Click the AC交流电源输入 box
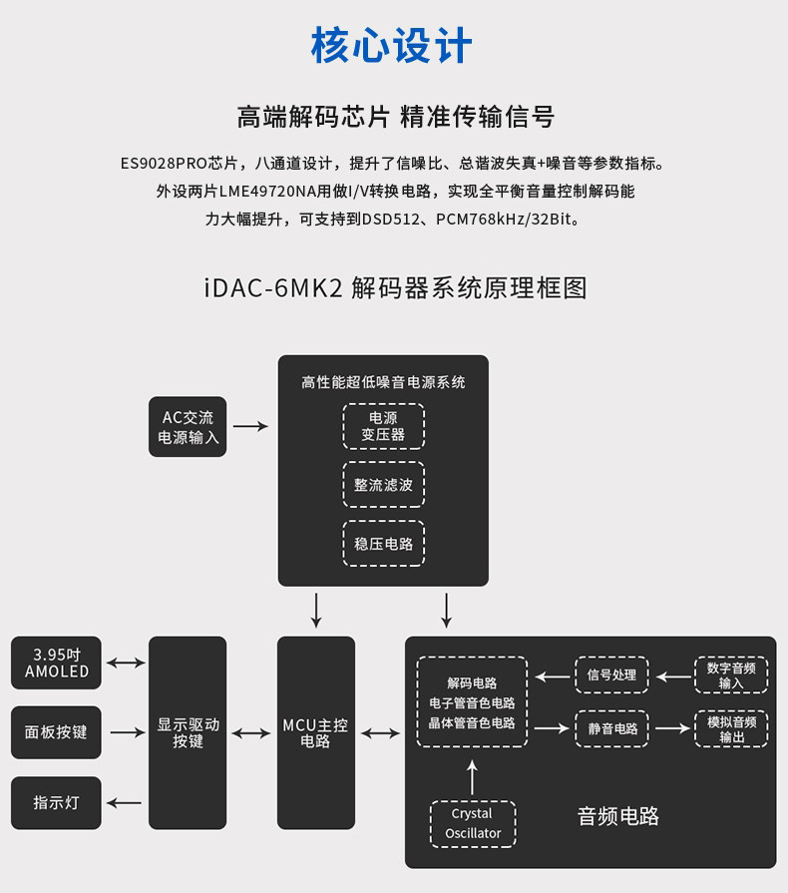tap(188, 427)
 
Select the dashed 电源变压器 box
tap(384, 426)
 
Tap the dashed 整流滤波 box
tap(384, 485)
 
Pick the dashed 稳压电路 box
tap(384, 544)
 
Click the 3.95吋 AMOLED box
tap(57, 663)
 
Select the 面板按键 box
tap(57, 732)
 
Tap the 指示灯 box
tap(57, 802)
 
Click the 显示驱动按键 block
tap(188, 733)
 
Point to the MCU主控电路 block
tap(315, 733)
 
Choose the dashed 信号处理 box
tap(611, 675)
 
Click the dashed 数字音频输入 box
tap(731, 675)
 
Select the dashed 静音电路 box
tap(611, 728)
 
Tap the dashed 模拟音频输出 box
tap(731, 728)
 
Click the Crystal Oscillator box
tap(473, 823)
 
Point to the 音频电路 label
tap(618, 816)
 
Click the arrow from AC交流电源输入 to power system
tap(251, 426)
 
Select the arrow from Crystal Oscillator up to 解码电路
tap(473, 775)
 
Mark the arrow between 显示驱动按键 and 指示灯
tap(125, 802)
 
